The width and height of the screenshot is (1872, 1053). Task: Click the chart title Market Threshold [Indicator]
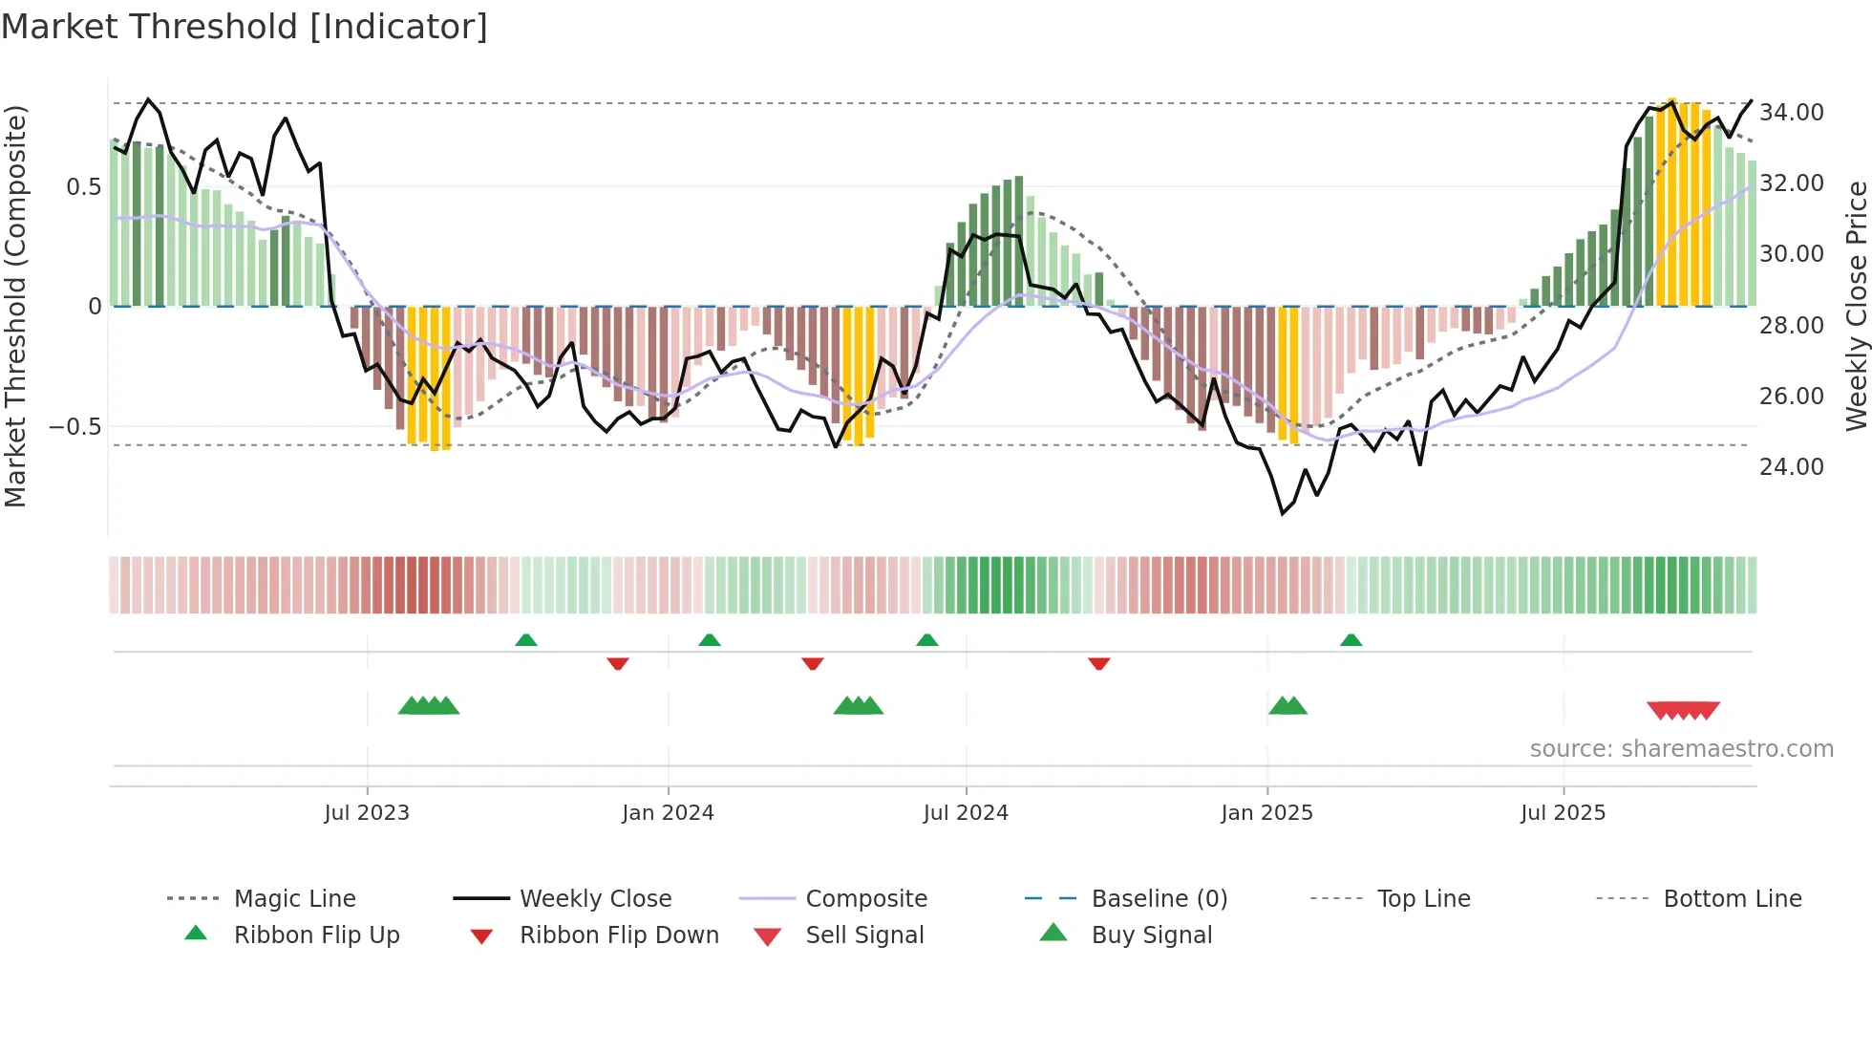tap(245, 27)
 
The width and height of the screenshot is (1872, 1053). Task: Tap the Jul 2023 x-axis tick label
tap(366, 813)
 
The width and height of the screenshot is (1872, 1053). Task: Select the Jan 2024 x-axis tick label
tap(668, 813)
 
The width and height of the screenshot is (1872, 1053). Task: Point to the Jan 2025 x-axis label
tap(1266, 813)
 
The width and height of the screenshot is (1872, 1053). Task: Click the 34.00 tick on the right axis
tap(1791, 113)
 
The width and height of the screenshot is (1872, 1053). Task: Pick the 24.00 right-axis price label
tap(1791, 467)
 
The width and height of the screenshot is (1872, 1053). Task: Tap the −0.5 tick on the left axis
tap(75, 426)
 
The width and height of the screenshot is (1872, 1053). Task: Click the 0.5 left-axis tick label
tap(83, 186)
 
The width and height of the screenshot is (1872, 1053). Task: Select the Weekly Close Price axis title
tap(1856, 306)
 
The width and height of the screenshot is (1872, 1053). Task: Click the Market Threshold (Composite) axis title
tap(15, 306)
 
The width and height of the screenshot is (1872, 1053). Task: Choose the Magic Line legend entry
tap(294, 899)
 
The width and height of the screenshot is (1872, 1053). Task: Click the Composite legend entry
tap(865, 899)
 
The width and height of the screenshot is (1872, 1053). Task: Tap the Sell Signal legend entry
tap(863, 935)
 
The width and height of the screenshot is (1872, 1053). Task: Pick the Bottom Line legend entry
tap(1732, 899)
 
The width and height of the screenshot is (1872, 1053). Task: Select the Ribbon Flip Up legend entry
tap(316, 935)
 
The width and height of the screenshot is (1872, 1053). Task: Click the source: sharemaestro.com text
tap(1681, 749)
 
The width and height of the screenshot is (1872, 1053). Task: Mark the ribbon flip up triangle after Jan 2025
tap(1351, 640)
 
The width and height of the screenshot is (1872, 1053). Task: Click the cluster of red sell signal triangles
tap(1683, 710)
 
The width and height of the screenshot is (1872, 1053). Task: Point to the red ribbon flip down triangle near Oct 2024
tap(1098, 663)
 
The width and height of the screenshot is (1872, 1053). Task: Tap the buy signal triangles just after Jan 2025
tap(1287, 706)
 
